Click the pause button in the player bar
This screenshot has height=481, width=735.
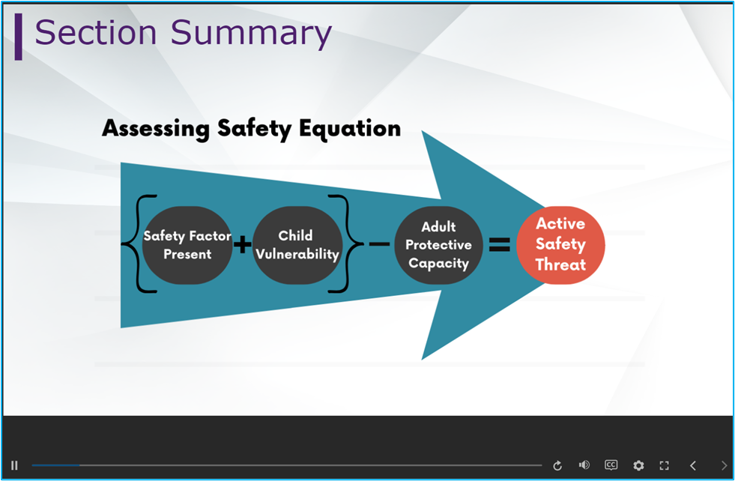pyautogui.click(x=14, y=465)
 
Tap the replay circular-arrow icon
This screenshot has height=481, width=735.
pyautogui.click(x=557, y=465)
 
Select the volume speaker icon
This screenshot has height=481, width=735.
pyautogui.click(x=584, y=465)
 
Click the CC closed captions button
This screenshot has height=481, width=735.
pyautogui.click(x=611, y=465)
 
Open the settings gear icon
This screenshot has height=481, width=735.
pyautogui.click(x=638, y=465)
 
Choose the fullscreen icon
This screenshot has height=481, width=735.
pyautogui.click(x=665, y=465)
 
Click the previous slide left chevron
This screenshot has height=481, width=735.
pyautogui.click(x=693, y=465)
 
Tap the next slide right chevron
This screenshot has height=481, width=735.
pyautogui.click(x=724, y=465)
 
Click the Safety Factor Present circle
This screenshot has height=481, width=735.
pyautogui.click(x=187, y=245)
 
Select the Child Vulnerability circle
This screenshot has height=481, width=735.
pyautogui.click(x=297, y=245)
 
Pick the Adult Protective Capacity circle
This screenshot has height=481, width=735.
pyautogui.click(x=439, y=245)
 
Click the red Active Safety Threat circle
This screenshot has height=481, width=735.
pyautogui.click(x=560, y=245)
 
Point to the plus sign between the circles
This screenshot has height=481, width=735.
pyautogui.click(x=242, y=244)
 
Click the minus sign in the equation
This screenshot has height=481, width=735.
pyautogui.click(x=379, y=243)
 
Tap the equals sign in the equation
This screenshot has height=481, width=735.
pyautogui.click(x=500, y=244)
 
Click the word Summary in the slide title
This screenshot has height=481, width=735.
pyautogui.click(x=251, y=34)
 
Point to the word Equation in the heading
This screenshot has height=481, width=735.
pyautogui.click(x=350, y=129)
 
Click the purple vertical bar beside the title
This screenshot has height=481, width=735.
pyautogui.click(x=18, y=37)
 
